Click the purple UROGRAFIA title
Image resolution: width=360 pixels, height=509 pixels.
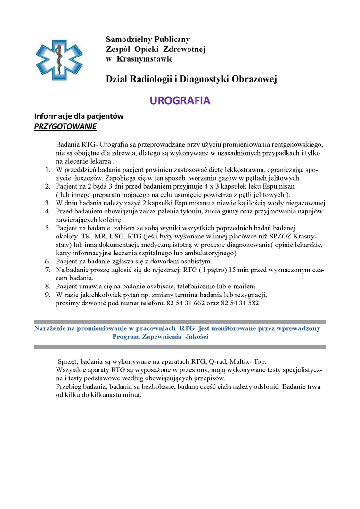click(180, 101)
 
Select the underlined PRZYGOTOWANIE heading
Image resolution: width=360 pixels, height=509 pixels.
click(65, 127)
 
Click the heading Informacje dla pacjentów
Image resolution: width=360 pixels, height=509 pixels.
click(79, 116)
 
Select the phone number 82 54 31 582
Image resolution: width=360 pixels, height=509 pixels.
click(240, 303)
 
